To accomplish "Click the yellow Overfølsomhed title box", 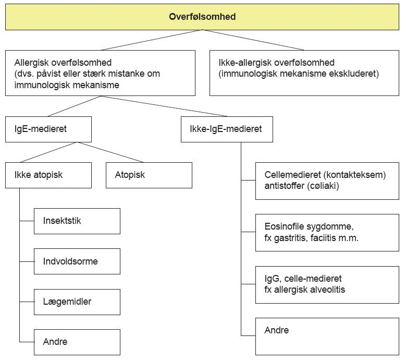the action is tap(202, 17).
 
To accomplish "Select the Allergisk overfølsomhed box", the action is tap(100, 73).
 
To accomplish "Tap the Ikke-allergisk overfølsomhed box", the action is tap(304, 73).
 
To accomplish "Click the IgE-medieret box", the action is tap(48, 129).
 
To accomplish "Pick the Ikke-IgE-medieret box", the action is tap(227, 129).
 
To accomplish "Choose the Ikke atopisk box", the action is tap(48, 175).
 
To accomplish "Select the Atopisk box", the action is tap(149, 175).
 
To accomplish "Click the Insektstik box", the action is tap(77, 221).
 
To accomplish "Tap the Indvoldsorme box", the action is tap(77, 261).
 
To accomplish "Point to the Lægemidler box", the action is tap(77, 302).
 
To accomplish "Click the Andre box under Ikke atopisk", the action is tap(77, 342).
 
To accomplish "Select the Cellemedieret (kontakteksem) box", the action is tap(327, 181).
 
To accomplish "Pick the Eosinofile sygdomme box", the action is tap(327, 233).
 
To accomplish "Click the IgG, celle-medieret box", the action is tap(327, 284).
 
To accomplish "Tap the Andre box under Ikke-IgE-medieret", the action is tap(327, 337).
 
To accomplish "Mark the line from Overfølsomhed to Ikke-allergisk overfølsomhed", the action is tap(253, 40).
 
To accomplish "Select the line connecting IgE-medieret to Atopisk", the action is tap(110, 152).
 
